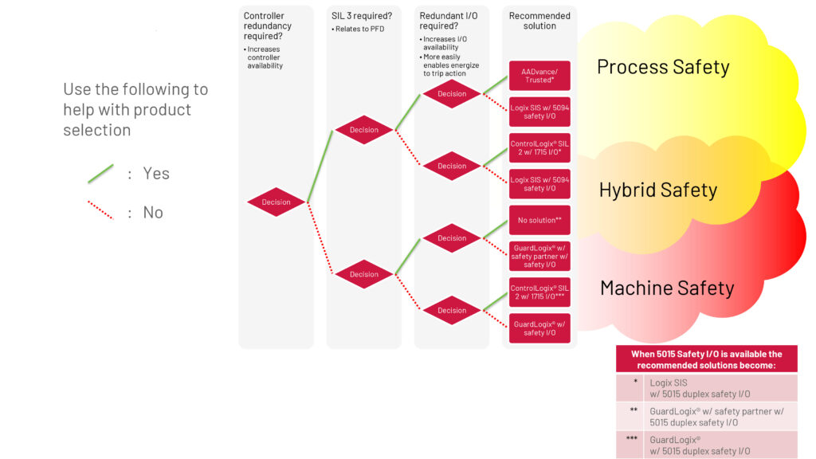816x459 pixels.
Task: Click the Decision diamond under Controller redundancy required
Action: point(276,202)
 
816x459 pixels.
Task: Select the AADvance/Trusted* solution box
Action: point(539,76)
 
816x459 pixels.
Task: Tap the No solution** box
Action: point(539,220)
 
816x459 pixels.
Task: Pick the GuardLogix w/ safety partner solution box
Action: point(539,256)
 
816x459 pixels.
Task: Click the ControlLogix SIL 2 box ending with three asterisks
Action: point(539,292)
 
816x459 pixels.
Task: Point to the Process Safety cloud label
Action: point(663,67)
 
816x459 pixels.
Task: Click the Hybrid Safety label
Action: point(657,190)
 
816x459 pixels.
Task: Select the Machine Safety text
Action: point(666,288)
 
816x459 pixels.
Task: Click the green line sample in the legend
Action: point(100,173)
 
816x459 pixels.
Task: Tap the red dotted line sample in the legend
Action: point(100,211)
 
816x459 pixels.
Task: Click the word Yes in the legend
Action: point(156,174)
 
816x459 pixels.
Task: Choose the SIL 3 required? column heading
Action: point(362,16)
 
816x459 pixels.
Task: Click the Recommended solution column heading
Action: point(539,21)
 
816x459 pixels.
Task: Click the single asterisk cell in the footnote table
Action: point(635,382)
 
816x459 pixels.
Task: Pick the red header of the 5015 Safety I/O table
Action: point(706,359)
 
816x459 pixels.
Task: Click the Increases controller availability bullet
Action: point(265,57)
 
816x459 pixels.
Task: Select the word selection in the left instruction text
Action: point(97,130)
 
